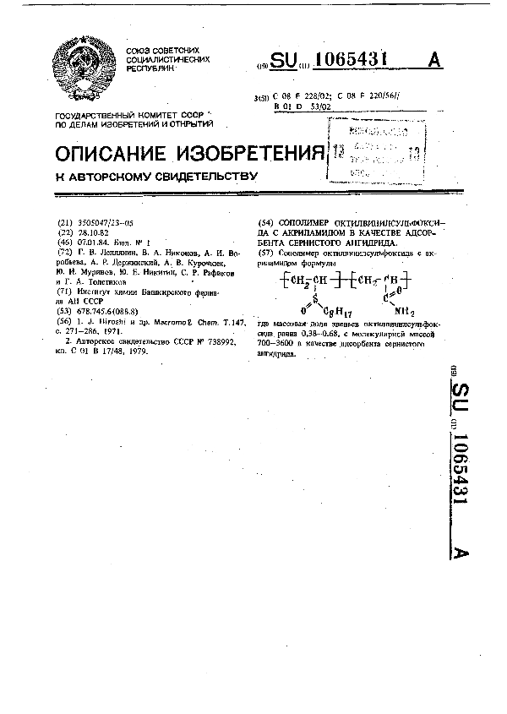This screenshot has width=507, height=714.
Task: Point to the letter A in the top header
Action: [x=435, y=60]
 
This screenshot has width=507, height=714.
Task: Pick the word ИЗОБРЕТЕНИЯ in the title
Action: [x=250, y=153]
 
